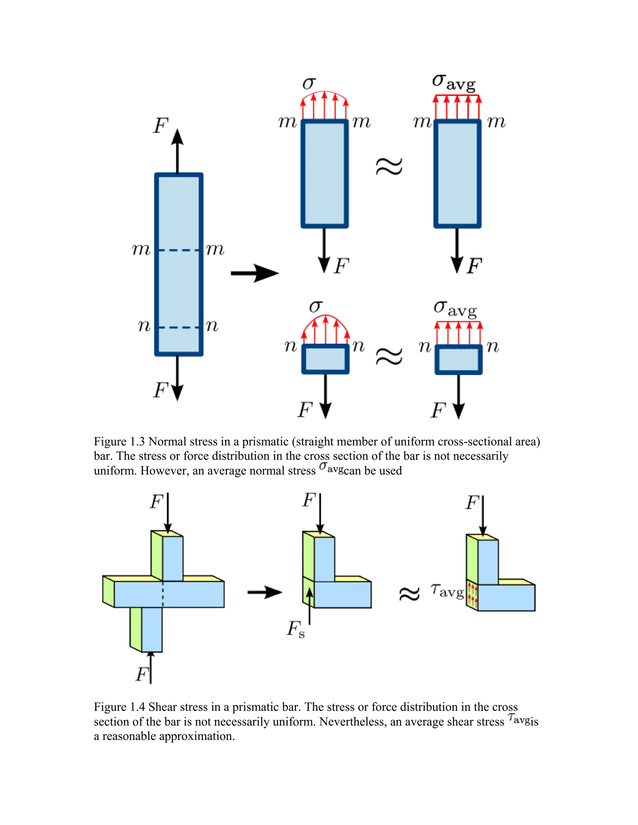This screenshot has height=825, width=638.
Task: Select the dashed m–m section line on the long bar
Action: [179, 250]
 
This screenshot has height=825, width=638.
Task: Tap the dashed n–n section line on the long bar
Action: [179, 327]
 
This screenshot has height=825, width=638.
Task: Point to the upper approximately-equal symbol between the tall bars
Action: [389, 167]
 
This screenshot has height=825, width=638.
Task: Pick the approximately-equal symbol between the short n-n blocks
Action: [389, 356]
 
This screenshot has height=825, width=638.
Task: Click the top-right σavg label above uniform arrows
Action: [454, 82]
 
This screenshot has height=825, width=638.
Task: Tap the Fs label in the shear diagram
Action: [295, 629]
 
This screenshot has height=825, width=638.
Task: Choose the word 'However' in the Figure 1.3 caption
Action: [164, 471]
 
